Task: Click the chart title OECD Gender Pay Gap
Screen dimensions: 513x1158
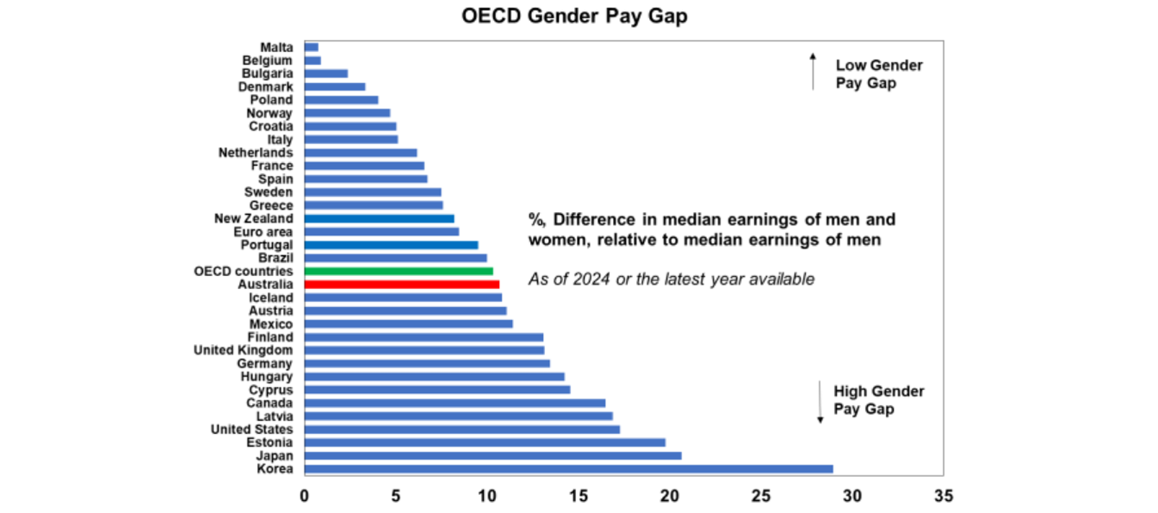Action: click(574, 17)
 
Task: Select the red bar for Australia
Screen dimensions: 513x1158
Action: click(401, 284)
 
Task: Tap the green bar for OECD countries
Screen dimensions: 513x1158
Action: click(398, 271)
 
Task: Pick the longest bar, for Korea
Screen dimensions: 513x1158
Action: click(568, 468)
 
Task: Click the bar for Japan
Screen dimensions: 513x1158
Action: click(492, 456)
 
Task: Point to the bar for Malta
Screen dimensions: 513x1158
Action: click(311, 47)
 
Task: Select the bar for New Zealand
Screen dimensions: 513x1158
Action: click(378, 219)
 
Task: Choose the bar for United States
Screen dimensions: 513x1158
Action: click(461, 429)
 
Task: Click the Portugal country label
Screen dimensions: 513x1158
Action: click(267, 245)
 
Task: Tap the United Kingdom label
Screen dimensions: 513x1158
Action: click(244, 350)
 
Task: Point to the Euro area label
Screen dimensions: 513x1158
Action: click(263, 232)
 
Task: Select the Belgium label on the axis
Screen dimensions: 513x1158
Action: click(268, 60)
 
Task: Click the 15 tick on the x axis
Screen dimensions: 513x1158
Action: click(577, 496)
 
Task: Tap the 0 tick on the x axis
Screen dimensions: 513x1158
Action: click(304, 496)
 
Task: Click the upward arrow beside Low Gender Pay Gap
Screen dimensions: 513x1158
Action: click(813, 72)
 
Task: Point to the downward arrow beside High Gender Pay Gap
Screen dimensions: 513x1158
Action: click(820, 402)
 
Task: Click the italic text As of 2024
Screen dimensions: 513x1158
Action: click(671, 279)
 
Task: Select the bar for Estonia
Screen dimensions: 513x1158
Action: click(484, 442)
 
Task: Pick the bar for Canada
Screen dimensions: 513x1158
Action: click(454, 403)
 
